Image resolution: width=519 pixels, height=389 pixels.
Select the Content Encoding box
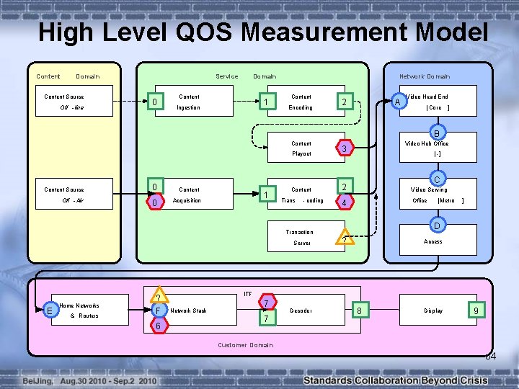click(x=301, y=102)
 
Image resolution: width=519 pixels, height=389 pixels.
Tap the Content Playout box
click(x=301, y=148)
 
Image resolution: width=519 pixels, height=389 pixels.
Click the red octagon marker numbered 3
click(x=345, y=149)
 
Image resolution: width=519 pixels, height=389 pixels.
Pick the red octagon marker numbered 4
click(x=345, y=203)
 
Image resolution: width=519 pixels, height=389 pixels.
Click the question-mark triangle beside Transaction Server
click(x=345, y=238)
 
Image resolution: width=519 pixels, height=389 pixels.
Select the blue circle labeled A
click(x=397, y=102)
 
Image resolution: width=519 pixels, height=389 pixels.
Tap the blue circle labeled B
click(x=435, y=133)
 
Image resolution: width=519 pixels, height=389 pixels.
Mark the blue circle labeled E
click(x=48, y=310)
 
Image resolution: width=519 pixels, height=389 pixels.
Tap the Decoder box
click(x=301, y=311)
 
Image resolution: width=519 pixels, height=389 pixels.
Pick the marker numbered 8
click(x=360, y=311)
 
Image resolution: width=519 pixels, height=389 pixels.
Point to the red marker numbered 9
click(x=476, y=311)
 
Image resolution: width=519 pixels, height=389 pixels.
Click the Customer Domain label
click(x=245, y=345)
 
